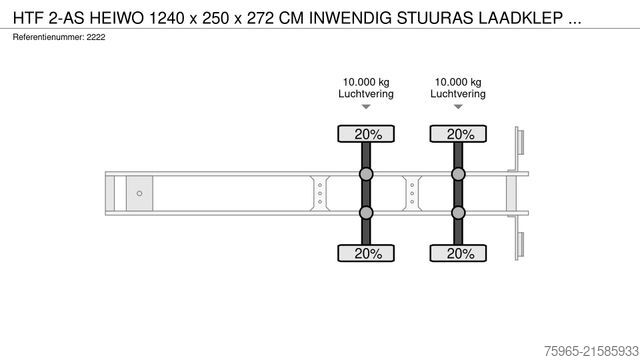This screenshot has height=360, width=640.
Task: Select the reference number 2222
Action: click(x=96, y=37)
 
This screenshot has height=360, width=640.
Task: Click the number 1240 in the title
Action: click(x=166, y=18)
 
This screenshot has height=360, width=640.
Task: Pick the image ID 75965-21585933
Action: click(x=591, y=351)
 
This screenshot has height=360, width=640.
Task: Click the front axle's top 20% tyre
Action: click(x=366, y=134)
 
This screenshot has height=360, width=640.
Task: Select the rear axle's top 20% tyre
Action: click(x=458, y=134)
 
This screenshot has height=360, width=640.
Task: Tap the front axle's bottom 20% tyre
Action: click(x=366, y=253)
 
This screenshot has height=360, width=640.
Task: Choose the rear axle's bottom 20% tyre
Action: click(x=458, y=253)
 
